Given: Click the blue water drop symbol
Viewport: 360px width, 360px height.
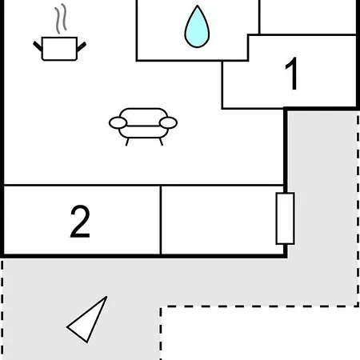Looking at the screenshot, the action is (x=197, y=26).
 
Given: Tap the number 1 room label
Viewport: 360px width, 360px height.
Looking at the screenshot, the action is (x=291, y=74).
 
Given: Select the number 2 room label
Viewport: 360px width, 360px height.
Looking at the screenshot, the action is (x=80, y=222).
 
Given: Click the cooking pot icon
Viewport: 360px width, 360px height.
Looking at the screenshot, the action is (x=59, y=33).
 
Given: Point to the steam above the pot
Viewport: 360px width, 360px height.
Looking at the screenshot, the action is (x=61, y=18).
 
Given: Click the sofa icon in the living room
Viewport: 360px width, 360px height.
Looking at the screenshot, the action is (x=143, y=126).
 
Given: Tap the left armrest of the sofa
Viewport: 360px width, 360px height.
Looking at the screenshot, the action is (x=118, y=123).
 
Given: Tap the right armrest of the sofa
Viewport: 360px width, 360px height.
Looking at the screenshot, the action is (x=168, y=123).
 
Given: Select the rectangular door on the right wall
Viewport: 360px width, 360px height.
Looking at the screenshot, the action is (x=286, y=218).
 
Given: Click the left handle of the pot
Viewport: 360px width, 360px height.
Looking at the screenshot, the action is (x=38, y=46).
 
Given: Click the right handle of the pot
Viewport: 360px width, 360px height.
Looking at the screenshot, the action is (x=82, y=46).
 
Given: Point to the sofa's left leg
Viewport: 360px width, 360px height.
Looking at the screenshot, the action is (x=127, y=142).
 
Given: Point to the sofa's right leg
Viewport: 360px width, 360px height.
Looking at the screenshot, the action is (x=161, y=142).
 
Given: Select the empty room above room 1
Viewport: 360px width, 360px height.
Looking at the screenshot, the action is (x=307, y=17).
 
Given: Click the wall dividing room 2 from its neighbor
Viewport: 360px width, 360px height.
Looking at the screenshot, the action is (x=161, y=220).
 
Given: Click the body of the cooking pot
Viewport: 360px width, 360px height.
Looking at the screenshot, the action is (x=59, y=49).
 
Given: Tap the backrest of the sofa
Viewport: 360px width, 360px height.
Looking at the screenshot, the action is (x=143, y=117).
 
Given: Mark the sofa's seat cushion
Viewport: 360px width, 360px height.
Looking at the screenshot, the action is (x=143, y=132).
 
